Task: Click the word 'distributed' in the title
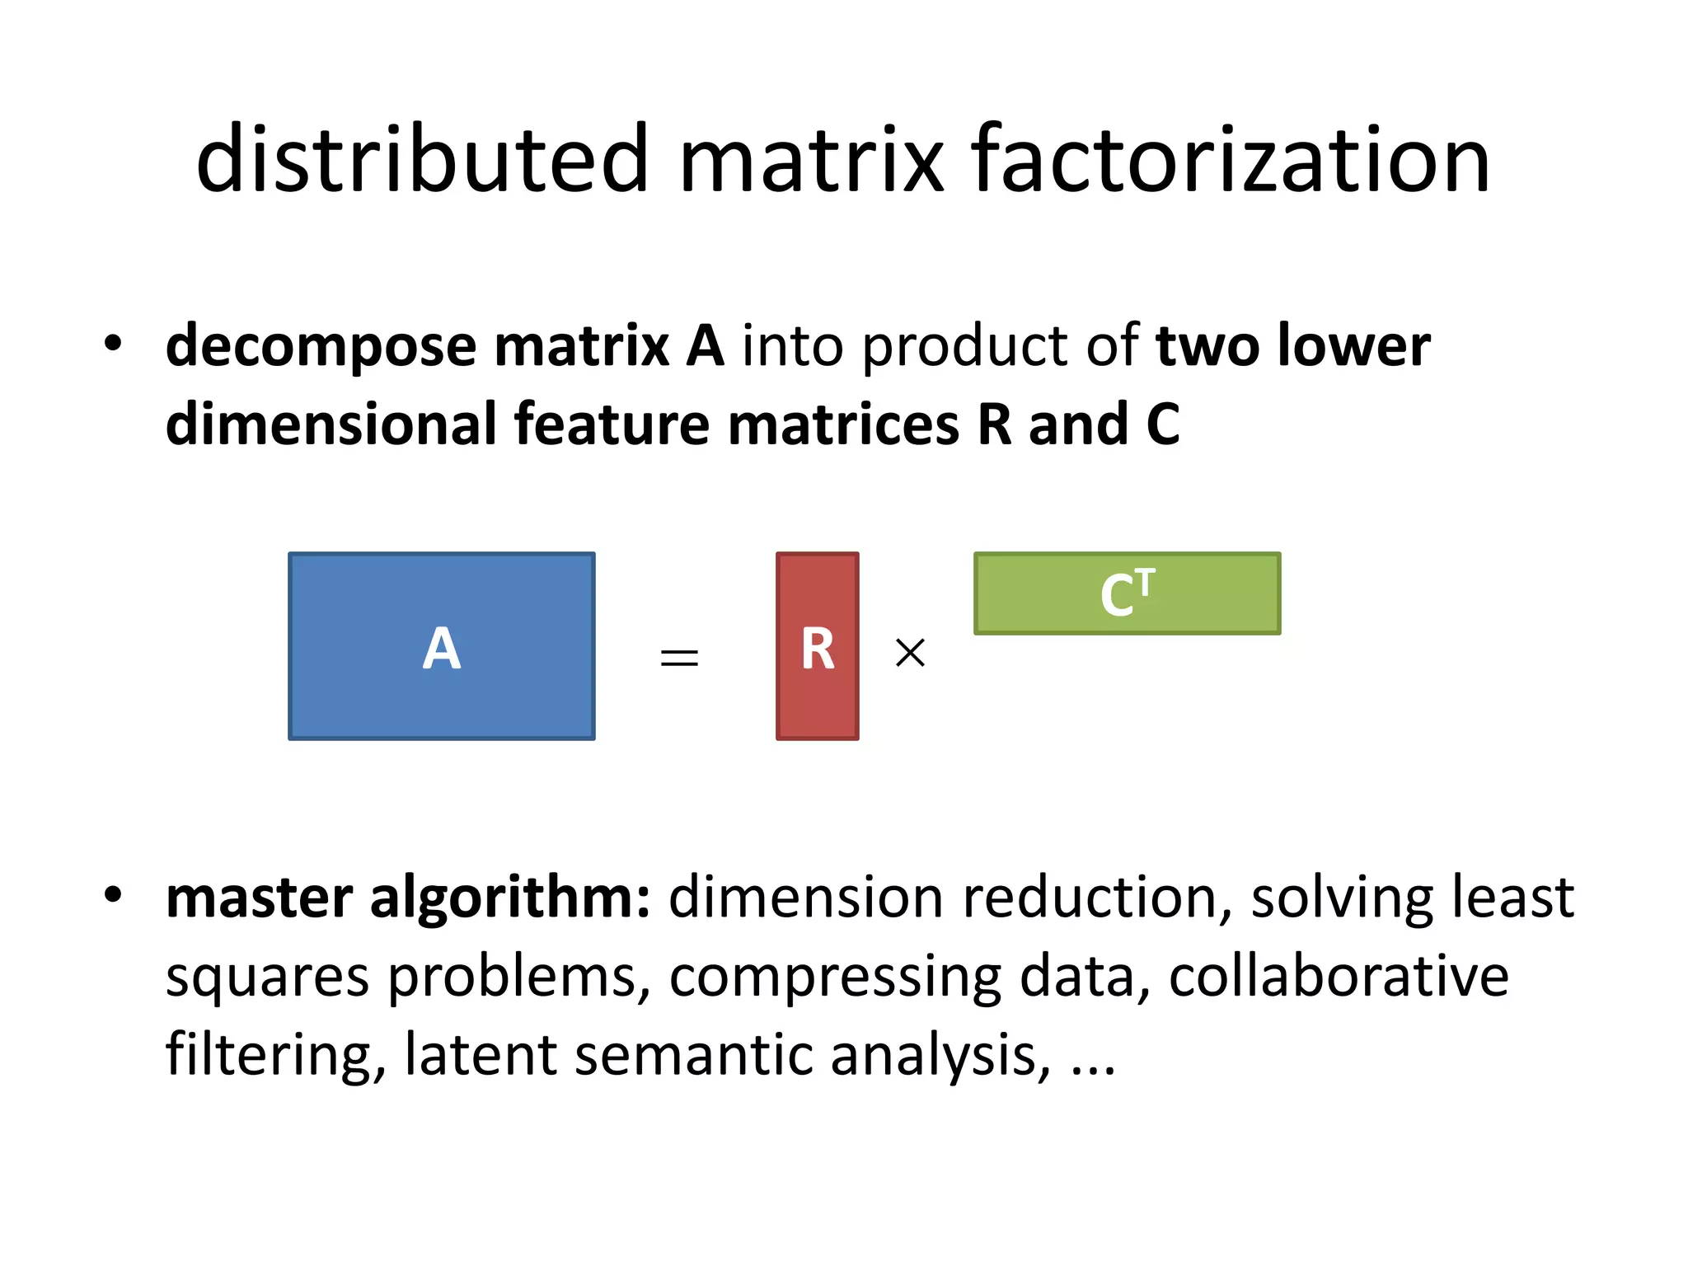click(422, 158)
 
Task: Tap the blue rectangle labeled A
click(442, 646)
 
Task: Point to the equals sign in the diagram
click(679, 657)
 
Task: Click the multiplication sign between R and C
click(910, 653)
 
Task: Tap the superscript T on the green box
click(1145, 581)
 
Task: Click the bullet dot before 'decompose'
click(113, 343)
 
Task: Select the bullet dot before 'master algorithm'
click(113, 895)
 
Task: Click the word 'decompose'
click(321, 346)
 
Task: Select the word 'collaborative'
click(1339, 977)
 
